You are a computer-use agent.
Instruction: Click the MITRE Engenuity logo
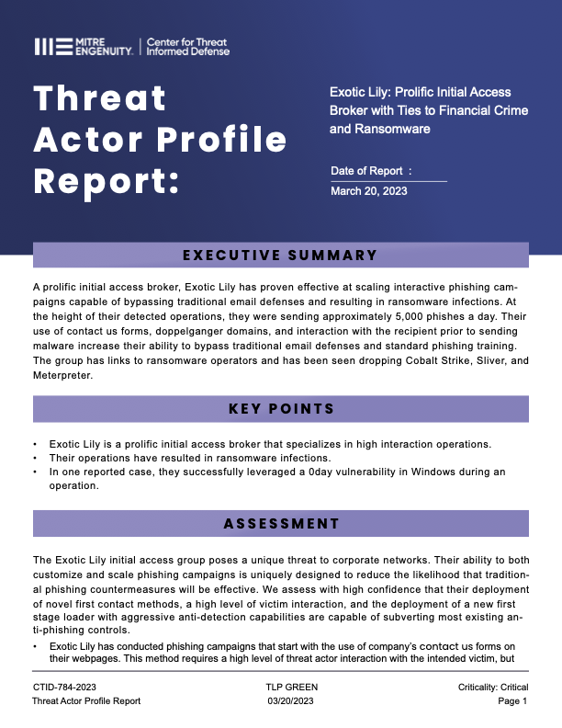[x=84, y=47]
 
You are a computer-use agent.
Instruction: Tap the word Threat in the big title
[x=100, y=97]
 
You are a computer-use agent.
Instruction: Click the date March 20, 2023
[x=368, y=191]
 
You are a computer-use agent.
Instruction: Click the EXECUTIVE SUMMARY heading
[x=280, y=256]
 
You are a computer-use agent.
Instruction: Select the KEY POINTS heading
[x=280, y=408]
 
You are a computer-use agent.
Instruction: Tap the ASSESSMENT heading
[x=280, y=524]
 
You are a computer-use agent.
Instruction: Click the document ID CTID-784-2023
[x=64, y=687]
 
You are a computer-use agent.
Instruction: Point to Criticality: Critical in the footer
[x=492, y=687]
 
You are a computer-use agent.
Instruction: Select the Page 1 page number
[x=511, y=700]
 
